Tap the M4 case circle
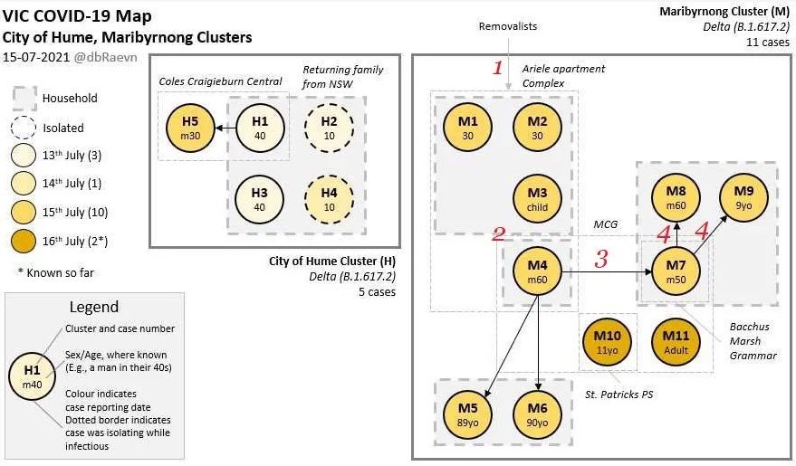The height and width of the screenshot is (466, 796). (x=539, y=271)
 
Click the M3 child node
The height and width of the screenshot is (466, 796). (x=537, y=198)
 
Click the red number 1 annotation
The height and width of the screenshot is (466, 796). (x=497, y=67)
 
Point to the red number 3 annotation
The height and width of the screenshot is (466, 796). (x=600, y=260)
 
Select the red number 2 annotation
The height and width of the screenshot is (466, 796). (x=497, y=235)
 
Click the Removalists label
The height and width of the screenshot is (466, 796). (x=507, y=26)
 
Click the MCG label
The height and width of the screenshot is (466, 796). (x=605, y=223)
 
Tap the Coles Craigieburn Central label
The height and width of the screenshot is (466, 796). (x=220, y=81)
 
